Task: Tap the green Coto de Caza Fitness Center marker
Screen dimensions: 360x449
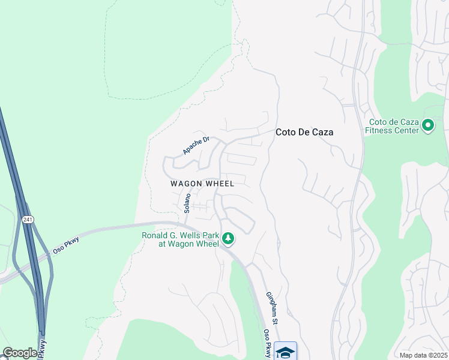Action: (x=428, y=126)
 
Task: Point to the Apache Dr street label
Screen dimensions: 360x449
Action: (x=196, y=146)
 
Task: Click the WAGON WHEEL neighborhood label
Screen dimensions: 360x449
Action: (x=202, y=184)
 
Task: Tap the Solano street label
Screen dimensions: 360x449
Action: (x=187, y=203)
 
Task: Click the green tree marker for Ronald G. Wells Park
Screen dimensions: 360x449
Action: (x=228, y=239)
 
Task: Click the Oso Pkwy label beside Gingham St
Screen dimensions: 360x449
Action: (x=267, y=342)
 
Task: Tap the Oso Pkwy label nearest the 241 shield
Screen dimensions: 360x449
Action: (x=66, y=244)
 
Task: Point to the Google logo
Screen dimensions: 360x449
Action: (x=20, y=353)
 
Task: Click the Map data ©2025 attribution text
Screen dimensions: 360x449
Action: (x=423, y=355)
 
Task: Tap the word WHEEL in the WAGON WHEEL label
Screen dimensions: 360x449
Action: (x=220, y=184)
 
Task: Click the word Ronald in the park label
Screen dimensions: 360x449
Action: (x=155, y=235)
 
